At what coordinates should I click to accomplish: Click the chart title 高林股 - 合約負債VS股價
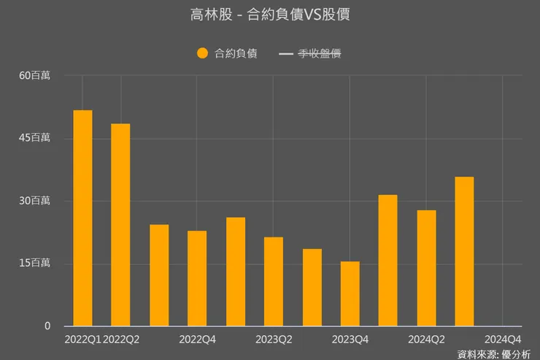(269, 15)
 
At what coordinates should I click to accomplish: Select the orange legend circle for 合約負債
(202, 53)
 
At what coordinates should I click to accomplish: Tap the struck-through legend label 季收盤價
(320, 53)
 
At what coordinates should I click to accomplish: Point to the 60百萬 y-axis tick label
(35, 75)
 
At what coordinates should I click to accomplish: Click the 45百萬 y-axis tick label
(35, 138)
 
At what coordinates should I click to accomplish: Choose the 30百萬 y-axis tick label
(35, 201)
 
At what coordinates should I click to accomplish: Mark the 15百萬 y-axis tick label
(35, 264)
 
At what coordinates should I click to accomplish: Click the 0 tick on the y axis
(47, 326)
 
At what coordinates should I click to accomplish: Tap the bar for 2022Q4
(197, 278)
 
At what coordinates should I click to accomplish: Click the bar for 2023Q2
(274, 281)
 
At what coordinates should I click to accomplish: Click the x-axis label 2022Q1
(83, 340)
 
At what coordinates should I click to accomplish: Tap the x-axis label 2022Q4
(197, 340)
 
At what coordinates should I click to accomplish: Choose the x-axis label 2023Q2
(274, 340)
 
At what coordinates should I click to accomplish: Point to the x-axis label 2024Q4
(503, 340)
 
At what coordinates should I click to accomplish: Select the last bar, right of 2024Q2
(464, 251)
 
